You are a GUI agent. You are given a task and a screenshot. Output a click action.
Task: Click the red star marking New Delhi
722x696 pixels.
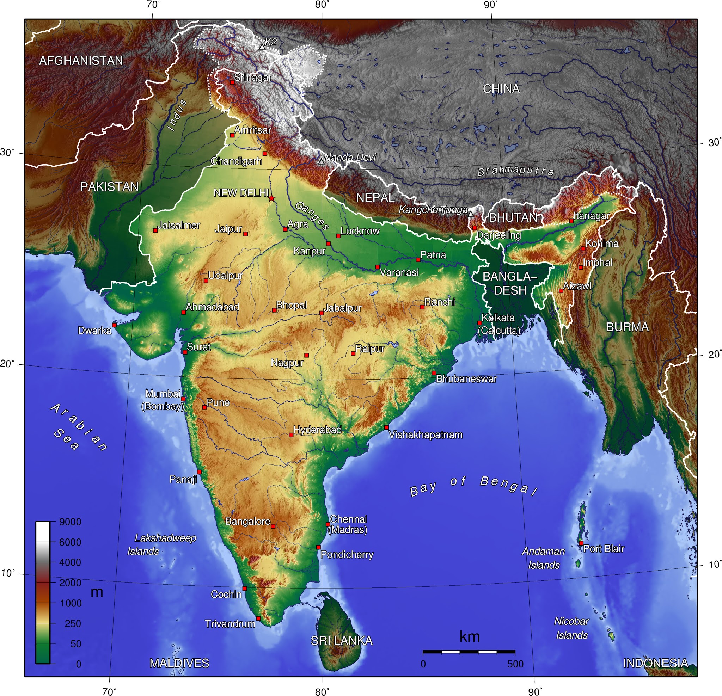271,198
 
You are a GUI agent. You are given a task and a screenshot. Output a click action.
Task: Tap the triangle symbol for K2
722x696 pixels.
262,47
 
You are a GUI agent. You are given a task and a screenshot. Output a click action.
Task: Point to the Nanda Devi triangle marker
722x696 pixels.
322,161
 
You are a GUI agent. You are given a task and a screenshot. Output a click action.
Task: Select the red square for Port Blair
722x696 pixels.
581,543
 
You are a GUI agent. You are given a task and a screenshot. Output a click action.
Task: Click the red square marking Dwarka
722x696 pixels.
114,325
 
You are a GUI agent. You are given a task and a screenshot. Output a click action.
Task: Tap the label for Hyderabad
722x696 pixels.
317,430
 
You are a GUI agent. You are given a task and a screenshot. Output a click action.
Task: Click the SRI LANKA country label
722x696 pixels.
342,641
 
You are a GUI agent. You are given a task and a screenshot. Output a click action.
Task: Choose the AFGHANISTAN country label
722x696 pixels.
81,61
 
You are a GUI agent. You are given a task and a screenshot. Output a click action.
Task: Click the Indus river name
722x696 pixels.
177,115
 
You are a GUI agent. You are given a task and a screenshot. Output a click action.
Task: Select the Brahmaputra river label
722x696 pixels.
515,171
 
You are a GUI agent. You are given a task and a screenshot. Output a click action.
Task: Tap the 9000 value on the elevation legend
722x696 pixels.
70,522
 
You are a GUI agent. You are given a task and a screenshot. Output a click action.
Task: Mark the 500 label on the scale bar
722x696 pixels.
515,664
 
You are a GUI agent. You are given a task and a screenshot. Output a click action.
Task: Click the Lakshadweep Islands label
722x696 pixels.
162,544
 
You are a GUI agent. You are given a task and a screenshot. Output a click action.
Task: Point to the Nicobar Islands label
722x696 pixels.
571,628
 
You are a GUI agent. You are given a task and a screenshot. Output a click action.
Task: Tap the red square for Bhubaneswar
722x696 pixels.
434,373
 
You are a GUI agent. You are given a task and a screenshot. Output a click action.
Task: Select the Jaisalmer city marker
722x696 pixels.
155,230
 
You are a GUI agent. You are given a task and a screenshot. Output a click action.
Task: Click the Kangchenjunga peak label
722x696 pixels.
433,210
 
